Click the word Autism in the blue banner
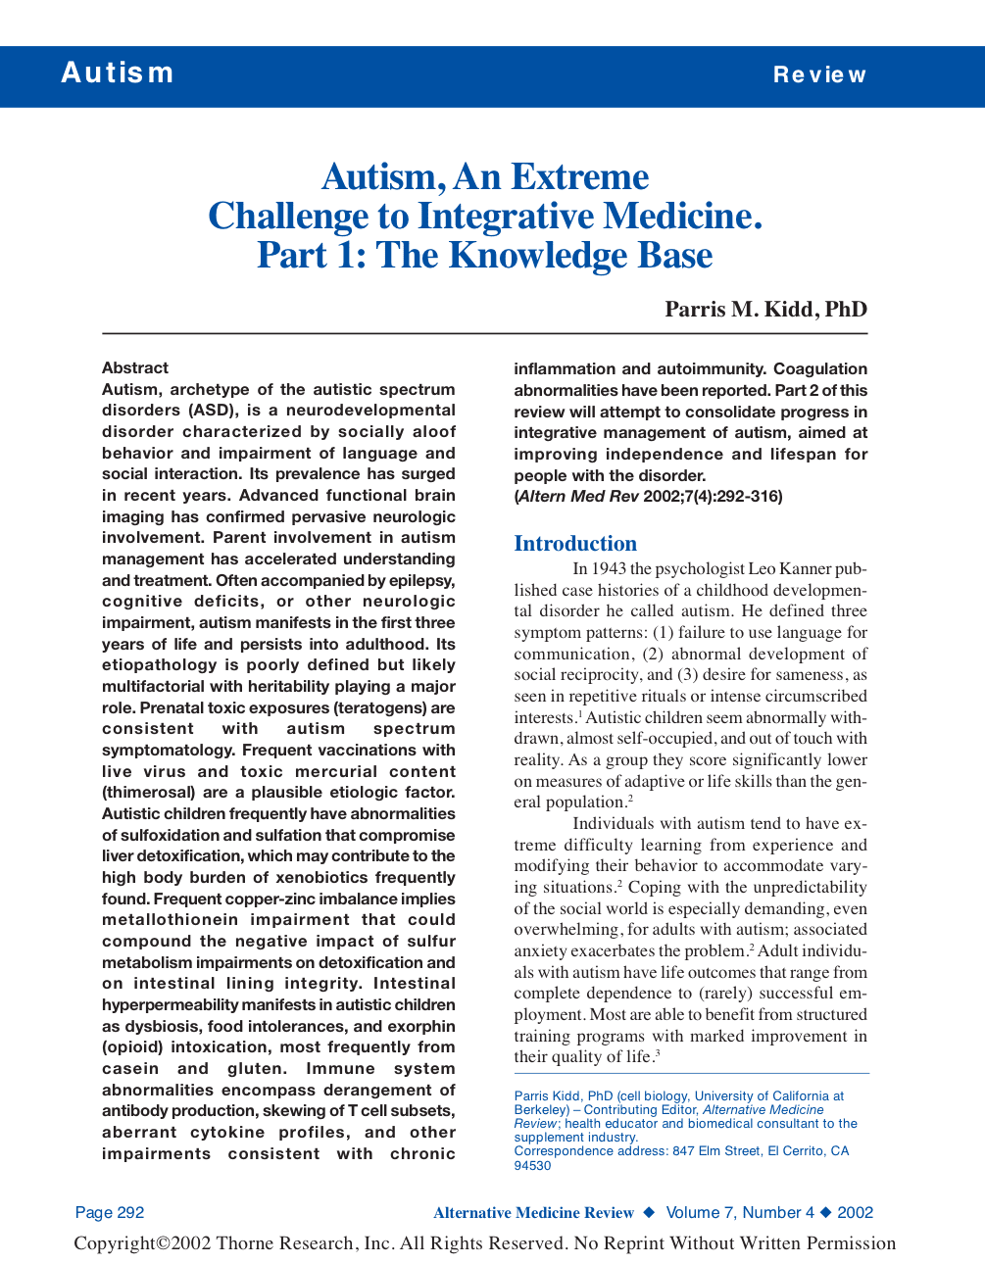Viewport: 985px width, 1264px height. pyautogui.click(x=118, y=73)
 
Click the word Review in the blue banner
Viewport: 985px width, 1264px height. pyautogui.click(x=819, y=74)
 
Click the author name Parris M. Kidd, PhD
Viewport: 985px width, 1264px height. pyautogui.click(x=765, y=310)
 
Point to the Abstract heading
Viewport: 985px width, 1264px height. pyautogui.click(x=135, y=368)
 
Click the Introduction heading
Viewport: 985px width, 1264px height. pyautogui.click(x=575, y=544)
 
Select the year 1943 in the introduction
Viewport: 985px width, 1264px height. pyautogui.click(x=609, y=569)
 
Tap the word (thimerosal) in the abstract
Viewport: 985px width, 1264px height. pyautogui.click(x=152, y=793)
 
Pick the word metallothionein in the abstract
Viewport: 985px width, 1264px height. pyautogui.click(x=171, y=920)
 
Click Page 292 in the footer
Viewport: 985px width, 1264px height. pyautogui.click(x=110, y=1213)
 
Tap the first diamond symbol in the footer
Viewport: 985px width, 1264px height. pyautogui.click(x=649, y=1213)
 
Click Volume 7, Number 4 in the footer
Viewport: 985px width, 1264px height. pyautogui.click(x=740, y=1213)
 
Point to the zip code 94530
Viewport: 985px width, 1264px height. pyautogui.click(x=533, y=1166)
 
